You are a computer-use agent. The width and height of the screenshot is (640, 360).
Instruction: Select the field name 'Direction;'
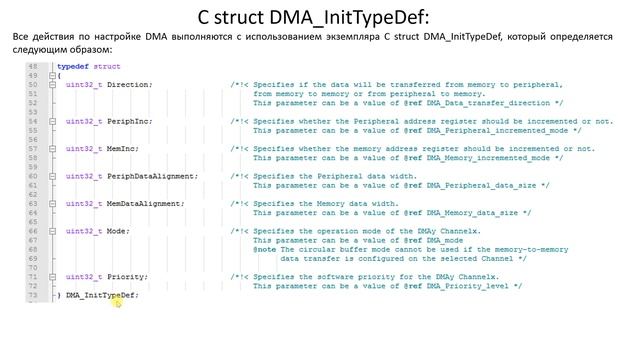point(129,85)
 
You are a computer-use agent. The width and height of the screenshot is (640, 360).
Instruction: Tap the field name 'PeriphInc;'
point(129,121)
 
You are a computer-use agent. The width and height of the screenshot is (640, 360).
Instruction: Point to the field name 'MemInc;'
point(123,149)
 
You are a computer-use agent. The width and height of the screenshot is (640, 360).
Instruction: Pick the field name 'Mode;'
point(118,231)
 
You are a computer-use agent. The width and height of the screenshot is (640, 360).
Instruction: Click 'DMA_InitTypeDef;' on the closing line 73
point(102,295)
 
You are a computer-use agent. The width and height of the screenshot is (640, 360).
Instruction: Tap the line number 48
point(33,66)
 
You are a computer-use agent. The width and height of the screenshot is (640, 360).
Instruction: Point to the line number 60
point(33,176)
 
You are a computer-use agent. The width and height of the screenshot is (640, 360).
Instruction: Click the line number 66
point(33,231)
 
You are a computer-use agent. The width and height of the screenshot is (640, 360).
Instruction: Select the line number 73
point(33,295)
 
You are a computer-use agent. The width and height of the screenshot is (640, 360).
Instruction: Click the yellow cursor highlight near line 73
point(117,300)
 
